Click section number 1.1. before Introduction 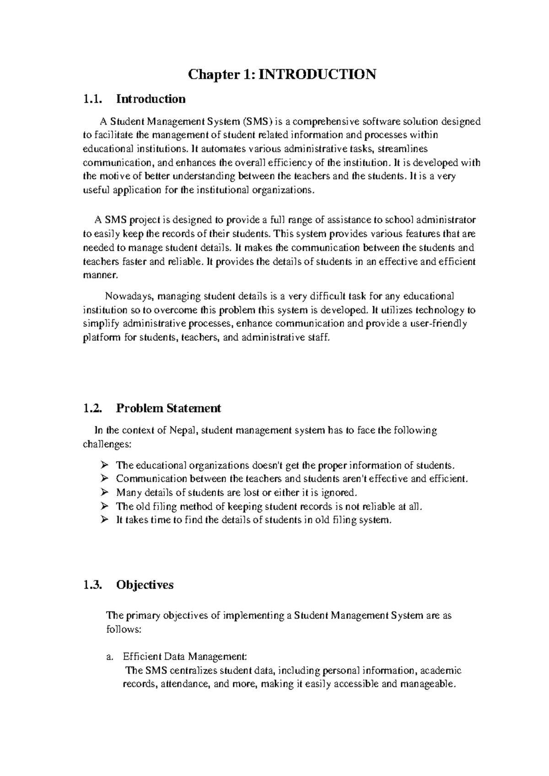pos(93,99)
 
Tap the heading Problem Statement pos(168,408)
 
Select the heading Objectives pos(145,585)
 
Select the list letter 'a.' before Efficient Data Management pos(109,657)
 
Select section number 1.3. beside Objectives pos(93,585)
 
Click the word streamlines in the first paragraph pos(404,149)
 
